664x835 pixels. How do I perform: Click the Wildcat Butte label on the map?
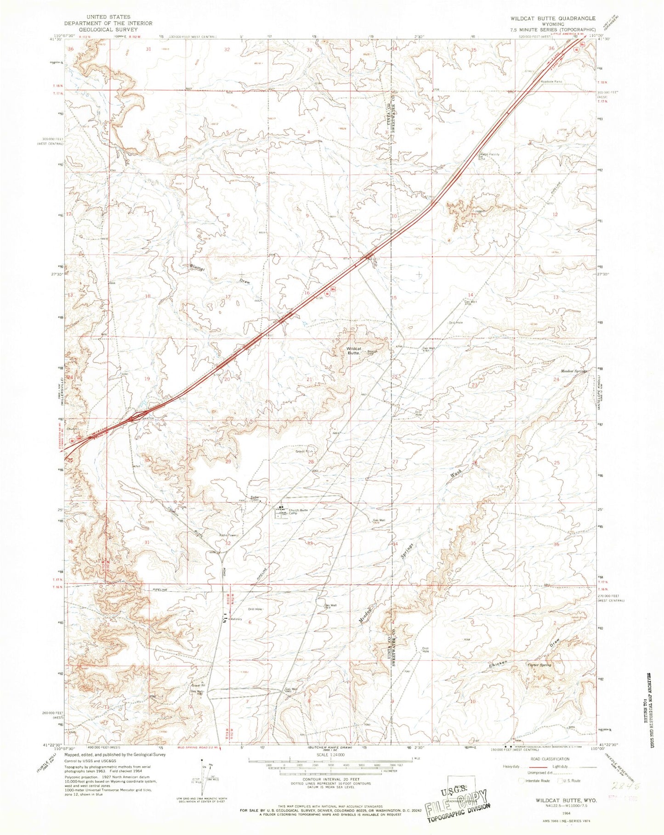click(x=353, y=351)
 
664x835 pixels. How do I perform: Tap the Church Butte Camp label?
click(x=297, y=512)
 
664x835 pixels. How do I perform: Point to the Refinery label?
click(x=236, y=619)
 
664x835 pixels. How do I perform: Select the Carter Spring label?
click(x=539, y=665)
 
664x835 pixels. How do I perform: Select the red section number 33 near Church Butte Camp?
click(x=310, y=544)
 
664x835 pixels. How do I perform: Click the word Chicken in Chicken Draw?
click(x=498, y=663)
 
